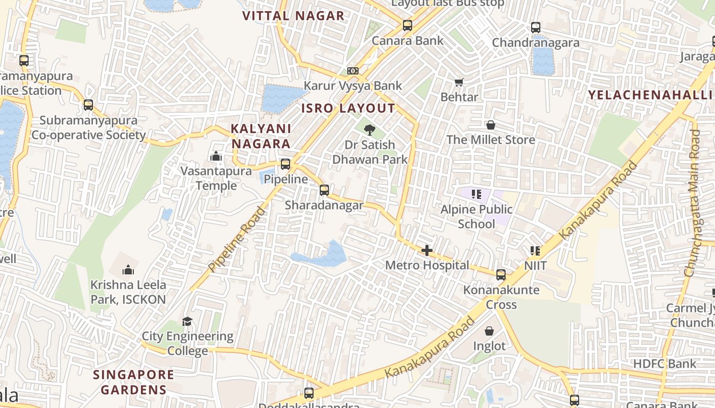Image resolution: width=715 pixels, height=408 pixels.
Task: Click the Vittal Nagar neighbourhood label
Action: click(293, 16)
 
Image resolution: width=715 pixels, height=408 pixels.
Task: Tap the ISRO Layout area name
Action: click(348, 108)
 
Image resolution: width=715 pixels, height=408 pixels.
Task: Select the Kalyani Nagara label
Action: click(260, 136)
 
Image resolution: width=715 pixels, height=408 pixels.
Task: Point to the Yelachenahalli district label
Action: click(650, 95)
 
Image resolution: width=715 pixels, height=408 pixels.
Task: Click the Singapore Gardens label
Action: click(133, 382)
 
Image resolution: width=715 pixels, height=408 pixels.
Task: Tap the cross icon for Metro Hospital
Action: click(426, 250)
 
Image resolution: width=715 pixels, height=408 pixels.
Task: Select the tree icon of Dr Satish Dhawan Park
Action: click(370, 130)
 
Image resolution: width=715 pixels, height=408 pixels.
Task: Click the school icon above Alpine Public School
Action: click(476, 194)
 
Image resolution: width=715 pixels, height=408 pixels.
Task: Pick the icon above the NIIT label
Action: click(535, 250)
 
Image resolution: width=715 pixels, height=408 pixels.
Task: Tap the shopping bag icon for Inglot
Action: click(489, 331)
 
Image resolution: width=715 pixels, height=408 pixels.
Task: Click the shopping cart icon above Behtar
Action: click(459, 82)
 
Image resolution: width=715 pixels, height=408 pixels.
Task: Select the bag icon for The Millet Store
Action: click(490, 125)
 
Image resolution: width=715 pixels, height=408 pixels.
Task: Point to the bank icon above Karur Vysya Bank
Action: click(352, 71)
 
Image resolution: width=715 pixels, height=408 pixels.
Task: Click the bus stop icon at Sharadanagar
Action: click(324, 190)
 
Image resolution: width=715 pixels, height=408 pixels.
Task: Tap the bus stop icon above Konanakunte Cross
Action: click(500, 275)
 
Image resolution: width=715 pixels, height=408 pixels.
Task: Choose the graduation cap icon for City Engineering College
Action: click(187, 321)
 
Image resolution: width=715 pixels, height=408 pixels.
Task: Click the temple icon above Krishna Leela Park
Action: click(128, 269)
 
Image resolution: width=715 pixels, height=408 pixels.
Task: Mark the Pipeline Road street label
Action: click(237, 239)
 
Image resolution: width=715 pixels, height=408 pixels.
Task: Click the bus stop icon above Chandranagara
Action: click(535, 28)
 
